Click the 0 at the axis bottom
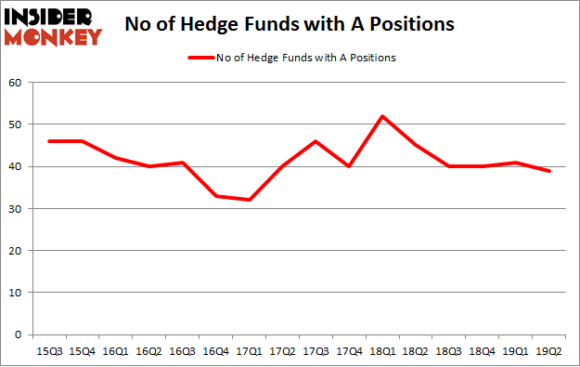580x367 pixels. point(19,334)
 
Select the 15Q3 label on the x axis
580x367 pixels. point(48,351)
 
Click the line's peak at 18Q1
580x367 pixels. point(381,116)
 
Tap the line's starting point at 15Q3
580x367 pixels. point(49,141)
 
